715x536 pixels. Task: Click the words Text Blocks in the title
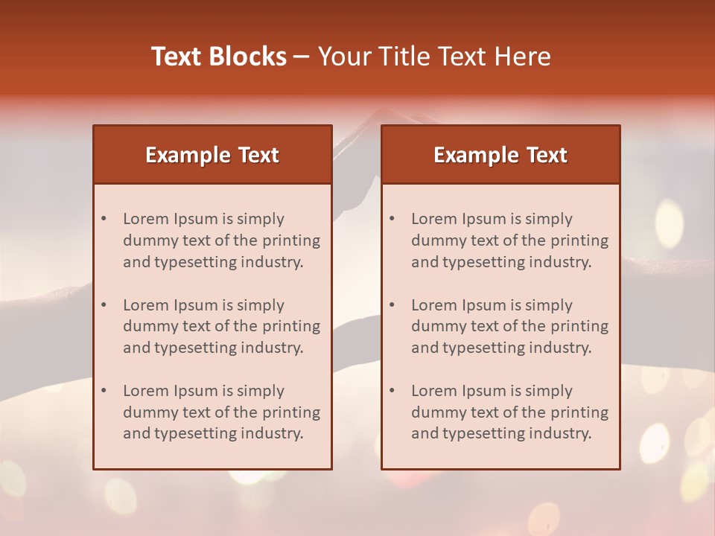click(x=219, y=57)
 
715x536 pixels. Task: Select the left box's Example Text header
click(x=212, y=155)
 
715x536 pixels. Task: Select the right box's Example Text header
click(x=500, y=155)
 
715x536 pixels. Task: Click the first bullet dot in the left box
click(x=104, y=219)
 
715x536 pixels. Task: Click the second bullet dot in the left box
click(x=104, y=305)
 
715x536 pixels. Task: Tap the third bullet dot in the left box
click(x=104, y=391)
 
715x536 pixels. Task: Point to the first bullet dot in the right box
click(x=392, y=219)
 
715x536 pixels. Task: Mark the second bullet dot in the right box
click(x=392, y=305)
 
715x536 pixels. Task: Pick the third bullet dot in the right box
click(x=392, y=391)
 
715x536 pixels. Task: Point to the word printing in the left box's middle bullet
click(x=293, y=326)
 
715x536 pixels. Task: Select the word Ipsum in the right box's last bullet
click(x=485, y=391)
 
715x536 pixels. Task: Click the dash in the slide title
click(x=302, y=57)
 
